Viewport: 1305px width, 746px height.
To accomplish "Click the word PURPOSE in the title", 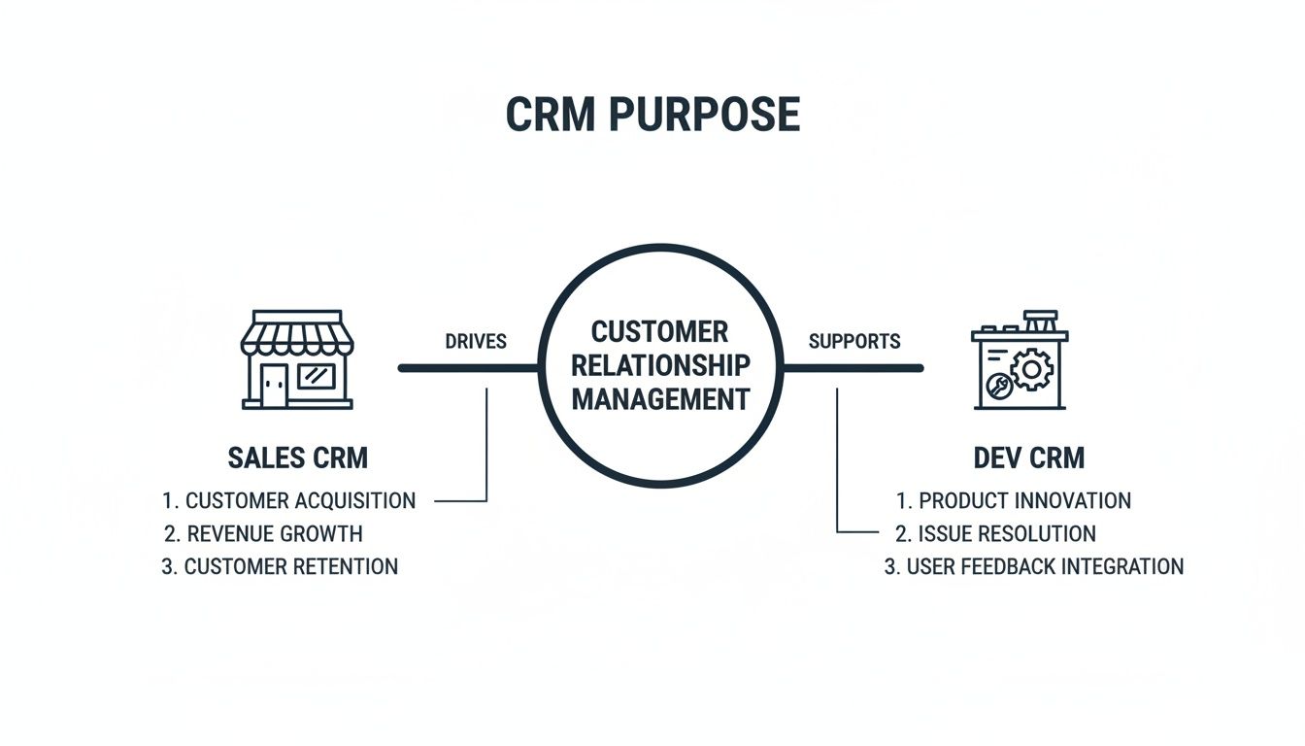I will (705, 116).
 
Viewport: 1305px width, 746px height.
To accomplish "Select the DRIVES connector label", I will (476, 342).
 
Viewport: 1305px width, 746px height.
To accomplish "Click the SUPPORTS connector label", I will (854, 342).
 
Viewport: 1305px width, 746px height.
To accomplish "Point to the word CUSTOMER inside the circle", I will (659, 332).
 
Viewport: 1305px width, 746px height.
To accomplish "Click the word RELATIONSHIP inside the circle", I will (660, 365).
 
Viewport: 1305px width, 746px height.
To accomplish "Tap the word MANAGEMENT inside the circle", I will (660, 398).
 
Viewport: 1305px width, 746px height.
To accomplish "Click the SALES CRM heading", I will (297, 458).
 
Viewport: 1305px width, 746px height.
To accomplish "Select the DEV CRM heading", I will (1029, 458).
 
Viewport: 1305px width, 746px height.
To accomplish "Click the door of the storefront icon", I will (274, 386).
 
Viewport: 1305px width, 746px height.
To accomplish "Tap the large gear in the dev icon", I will (1030, 370).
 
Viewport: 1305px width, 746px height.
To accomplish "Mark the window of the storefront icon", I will (316, 377).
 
